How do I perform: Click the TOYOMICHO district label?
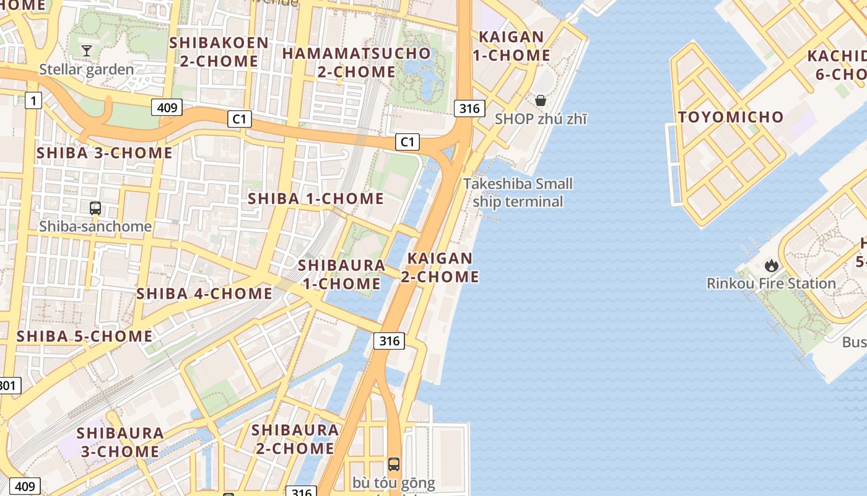(x=730, y=117)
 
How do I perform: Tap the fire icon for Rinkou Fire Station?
(x=771, y=265)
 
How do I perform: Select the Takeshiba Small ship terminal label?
(x=518, y=193)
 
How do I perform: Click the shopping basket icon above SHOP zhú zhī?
(x=541, y=100)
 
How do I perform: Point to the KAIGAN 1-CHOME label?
(x=512, y=46)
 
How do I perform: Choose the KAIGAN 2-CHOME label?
(x=440, y=267)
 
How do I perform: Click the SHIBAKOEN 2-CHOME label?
(x=219, y=52)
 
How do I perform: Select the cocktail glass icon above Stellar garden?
(x=87, y=50)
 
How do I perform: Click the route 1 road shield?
(x=33, y=100)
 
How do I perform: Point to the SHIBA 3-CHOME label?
(x=104, y=153)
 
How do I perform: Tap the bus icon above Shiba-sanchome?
(x=95, y=208)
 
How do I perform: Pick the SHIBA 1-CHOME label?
(x=316, y=199)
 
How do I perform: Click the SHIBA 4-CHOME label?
(x=204, y=294)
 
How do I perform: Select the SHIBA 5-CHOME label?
(x=84, y=337)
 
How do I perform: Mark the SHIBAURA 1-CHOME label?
(x=341, y=274)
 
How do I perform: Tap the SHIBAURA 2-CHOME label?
(x=295, y=439)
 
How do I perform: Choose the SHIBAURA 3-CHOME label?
(x=120, y=442)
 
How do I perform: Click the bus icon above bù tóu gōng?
(x=394, y=464)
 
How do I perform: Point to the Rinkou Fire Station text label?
(x=771, y=284)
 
